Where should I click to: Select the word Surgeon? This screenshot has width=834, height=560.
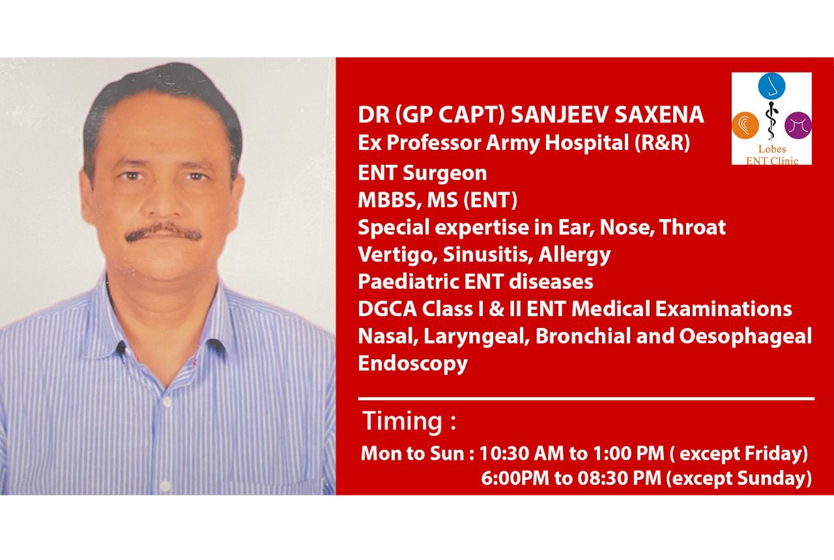click(x=445, y=173)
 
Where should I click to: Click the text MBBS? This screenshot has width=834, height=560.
click(x=390, y=200)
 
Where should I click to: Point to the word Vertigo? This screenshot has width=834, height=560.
click(x=397, y=255)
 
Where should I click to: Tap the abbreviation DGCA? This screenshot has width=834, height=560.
click(x=387, y=309)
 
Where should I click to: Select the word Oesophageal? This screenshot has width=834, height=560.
click(x=745, y=336)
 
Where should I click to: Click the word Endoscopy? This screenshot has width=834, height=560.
click(x=412, y=364)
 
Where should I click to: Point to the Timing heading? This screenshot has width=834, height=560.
click(x=409, y=421)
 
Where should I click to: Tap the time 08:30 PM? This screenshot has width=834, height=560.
click(x=619, y=478)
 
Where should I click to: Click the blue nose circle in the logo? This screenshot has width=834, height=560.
click(x=771, y=86)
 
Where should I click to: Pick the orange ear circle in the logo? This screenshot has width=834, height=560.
click(x=745, y=125)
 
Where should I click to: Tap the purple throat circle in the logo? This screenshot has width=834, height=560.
click(x=798, y=125)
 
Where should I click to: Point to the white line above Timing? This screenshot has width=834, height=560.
click(x=586, y=399)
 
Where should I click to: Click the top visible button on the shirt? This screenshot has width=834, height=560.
click(x=166, y=402)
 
